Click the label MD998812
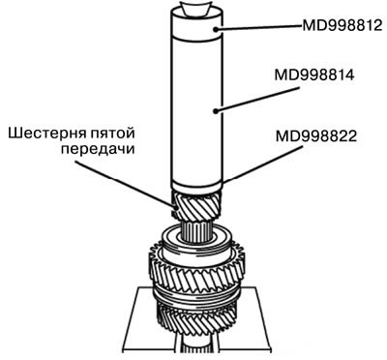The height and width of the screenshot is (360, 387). click(x=342, y=25)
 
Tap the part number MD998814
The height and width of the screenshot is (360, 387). click(x=314, y=75)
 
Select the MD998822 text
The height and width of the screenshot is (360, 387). click(x=316, y=136)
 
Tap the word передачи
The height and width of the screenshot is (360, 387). click(x=98, y=150)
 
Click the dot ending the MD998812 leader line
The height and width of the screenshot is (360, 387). click(x=215, y=29)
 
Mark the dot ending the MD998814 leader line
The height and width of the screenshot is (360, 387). click(x=215, y=111)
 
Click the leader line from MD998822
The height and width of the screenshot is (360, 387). click(x=262, y=164)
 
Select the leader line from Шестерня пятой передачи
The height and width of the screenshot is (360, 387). click(x=124, y=184)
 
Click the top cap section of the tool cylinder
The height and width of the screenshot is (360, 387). click(x=196, y=24)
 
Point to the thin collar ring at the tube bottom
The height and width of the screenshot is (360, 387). click(x=196, y=187)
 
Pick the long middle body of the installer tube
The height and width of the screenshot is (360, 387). click(x=196, y=109)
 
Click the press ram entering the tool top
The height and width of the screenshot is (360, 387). click(x=196, y=7)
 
